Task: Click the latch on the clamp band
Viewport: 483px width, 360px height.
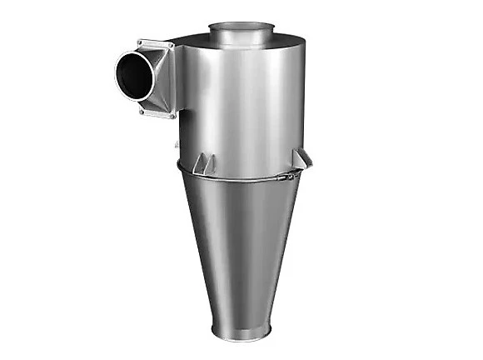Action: click(x=286, y=177)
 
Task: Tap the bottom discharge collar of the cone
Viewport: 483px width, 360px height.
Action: click(x=242, y=331)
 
